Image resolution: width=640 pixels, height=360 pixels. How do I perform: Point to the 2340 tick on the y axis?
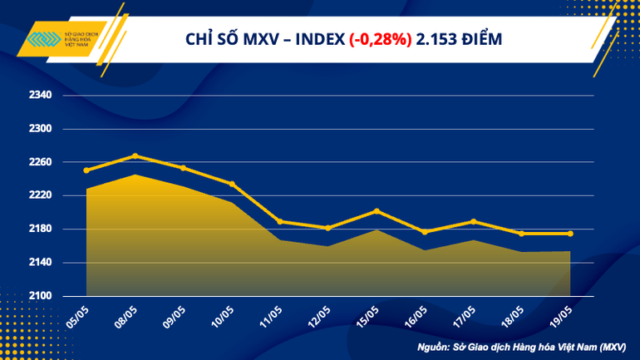click(41, 96)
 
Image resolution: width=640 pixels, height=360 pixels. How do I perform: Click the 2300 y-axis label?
click(41, 129)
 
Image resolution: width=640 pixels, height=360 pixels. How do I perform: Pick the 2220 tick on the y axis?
click(41, 195)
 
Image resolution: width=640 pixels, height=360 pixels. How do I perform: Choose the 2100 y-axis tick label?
click(41, 296)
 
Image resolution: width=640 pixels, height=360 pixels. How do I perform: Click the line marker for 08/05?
click(135, 155)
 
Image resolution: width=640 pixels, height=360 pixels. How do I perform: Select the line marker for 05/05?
click(86, 170)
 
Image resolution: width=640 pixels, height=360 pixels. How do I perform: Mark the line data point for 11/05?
click(280, 221)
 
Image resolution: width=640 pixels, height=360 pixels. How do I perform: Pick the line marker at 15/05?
click(377, 210)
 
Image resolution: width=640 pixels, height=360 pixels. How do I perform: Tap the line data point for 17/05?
click(473, 221)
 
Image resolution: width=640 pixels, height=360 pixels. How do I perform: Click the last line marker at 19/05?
click(570, 234)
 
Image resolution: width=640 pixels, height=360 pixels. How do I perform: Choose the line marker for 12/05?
click(328, 228)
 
